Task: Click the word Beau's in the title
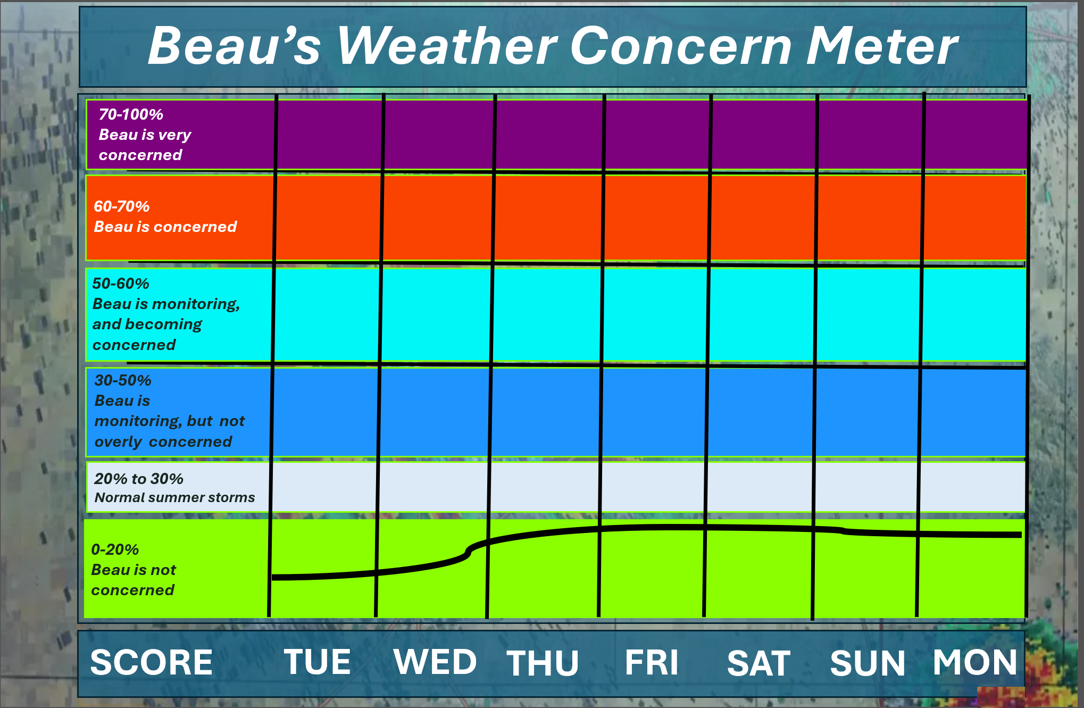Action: point(235,46)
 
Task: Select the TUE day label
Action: point(318,662)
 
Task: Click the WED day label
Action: point(435,662)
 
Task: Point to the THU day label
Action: point(543,663)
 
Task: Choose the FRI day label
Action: point(652,663)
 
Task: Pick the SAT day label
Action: point(759,663)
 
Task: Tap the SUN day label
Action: point(868,663)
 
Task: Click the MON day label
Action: point(975,662)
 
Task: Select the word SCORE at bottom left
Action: point(152,663)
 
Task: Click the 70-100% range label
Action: point(131,114)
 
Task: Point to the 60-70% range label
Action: point(122,206)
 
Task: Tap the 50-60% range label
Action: point(121,284)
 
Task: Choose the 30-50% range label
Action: point(123,380)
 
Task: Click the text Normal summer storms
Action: point(175,498)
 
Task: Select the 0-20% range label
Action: point(115,549)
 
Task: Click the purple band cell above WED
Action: point(439,135)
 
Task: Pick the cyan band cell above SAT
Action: point(762,315)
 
